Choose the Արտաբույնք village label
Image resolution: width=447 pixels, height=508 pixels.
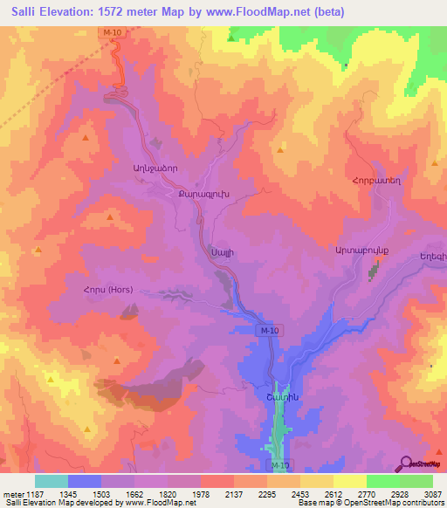pyautogui.click(x=361, y=251)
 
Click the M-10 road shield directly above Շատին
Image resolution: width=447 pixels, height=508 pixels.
pyautogui.click(x=269, y=331)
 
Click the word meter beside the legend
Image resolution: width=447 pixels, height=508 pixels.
pyautogui.click(x=11, y=494)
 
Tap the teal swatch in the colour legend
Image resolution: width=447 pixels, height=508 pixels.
pyautogui.click(x=52, y=481)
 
